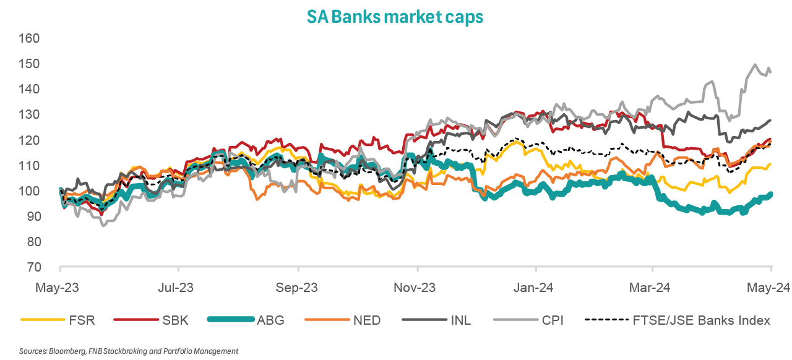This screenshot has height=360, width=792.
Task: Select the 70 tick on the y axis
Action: [32, 267]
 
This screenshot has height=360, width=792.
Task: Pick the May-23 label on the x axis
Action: [60, 288]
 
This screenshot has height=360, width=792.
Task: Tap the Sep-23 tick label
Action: [298, 288]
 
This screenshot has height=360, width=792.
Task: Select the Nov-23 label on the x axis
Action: [418, 288]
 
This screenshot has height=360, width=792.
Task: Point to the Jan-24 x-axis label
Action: [536, 288]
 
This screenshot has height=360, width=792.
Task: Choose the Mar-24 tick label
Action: [653, 288]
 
